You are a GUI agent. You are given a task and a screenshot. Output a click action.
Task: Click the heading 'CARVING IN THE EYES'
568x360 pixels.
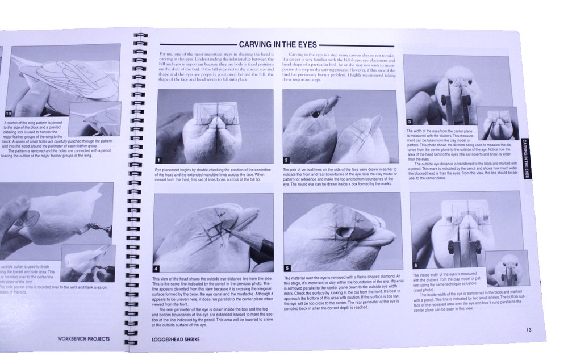(x=278, y=44)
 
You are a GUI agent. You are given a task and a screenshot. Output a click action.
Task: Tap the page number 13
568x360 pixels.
(x=528, y=330)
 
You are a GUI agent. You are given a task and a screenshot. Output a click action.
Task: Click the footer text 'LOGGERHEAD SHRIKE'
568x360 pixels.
(x=176, y=340)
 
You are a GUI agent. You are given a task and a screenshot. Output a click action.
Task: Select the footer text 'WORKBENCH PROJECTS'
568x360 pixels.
(x=83, y=339)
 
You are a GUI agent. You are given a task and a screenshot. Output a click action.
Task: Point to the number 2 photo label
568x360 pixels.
(x=287, y=160)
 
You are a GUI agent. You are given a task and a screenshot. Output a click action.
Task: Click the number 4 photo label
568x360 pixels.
(x=157, y=269)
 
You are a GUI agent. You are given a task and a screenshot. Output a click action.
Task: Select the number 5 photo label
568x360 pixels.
(x=287, y=268)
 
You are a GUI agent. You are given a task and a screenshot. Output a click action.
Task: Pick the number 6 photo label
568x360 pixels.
(x=415, y=265)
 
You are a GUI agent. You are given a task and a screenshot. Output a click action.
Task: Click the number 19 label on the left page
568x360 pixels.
(x=8, y=114)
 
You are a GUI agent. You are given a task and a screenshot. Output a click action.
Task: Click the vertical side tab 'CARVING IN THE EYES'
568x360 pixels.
(x=526, y=158)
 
